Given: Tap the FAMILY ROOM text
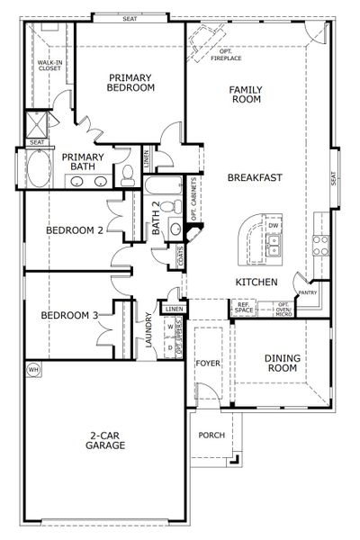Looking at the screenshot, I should click(x=245, y=94).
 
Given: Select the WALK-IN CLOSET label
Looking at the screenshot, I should click(x=48, y=65).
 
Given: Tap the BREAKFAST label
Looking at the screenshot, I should click(x=255, y=177).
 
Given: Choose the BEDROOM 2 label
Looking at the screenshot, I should click(x=75, y=230).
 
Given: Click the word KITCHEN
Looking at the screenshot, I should click(x=255, y=283).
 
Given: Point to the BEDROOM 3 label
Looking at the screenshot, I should click(x=69, y=316).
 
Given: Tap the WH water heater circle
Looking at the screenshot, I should click(x=34, y=369).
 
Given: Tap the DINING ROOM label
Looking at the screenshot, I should click(x=283, y=363).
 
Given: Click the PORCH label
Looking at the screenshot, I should click(x=211, y=435).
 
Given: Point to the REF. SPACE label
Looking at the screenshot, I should click(x=242, y=308).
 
